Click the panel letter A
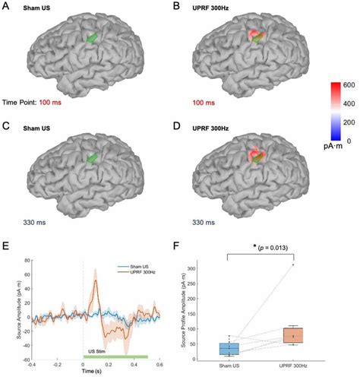tap(7, 8)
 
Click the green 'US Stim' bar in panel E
tap(115, 356)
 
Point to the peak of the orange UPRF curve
tap(96, 280)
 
